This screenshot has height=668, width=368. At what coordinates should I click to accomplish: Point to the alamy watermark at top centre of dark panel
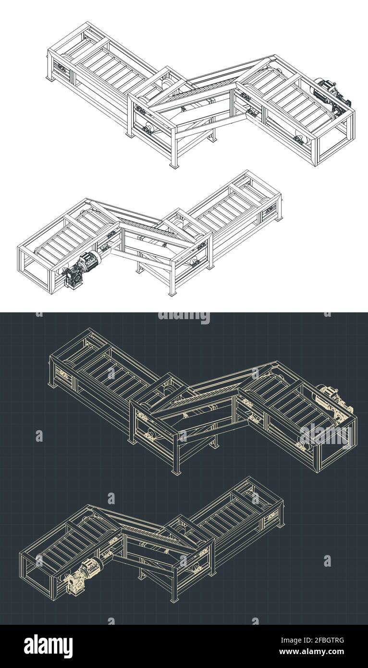[184, 317]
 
